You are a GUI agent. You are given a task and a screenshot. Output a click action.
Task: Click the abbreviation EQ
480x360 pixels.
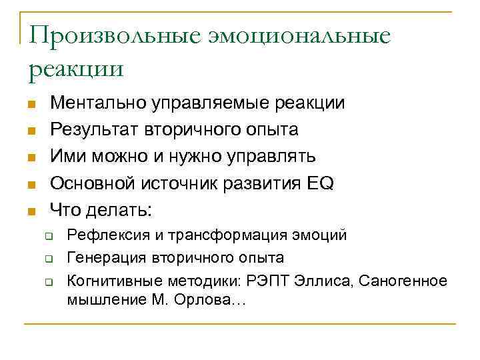coord(320,183)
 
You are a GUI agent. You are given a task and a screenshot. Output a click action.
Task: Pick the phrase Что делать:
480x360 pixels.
coord(101,210)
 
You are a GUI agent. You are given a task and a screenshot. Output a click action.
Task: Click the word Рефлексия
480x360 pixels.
coord(104,235)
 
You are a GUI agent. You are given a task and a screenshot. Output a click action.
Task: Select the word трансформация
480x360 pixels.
coord(230,235)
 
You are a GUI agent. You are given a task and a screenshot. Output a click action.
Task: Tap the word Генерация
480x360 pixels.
coord(102,257)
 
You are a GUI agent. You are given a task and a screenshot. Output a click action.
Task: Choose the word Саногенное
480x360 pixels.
coord(403,280)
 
